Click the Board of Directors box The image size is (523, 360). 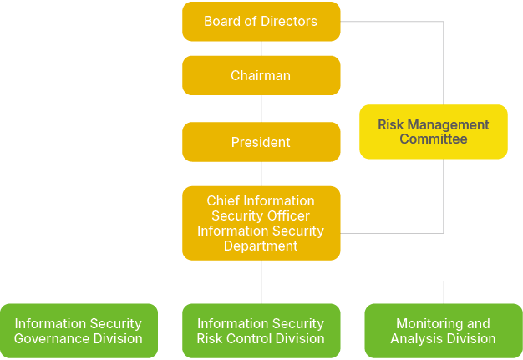261,22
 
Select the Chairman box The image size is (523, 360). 261,75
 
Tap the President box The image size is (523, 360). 261,142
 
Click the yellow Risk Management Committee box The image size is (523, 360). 433,132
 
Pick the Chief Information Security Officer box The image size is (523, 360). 261,223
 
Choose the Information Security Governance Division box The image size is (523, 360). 79,331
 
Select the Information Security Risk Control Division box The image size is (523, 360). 261,331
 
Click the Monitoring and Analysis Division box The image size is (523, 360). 443,331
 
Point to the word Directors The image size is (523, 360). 288,22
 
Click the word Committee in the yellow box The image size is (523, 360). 433,139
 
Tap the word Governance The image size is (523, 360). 48,339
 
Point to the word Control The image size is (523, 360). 255,339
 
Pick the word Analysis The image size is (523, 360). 417,339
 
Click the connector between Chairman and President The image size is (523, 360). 261,109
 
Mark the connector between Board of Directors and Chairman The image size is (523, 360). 261,48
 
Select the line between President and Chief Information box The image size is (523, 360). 261,174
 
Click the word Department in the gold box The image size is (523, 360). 261,246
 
